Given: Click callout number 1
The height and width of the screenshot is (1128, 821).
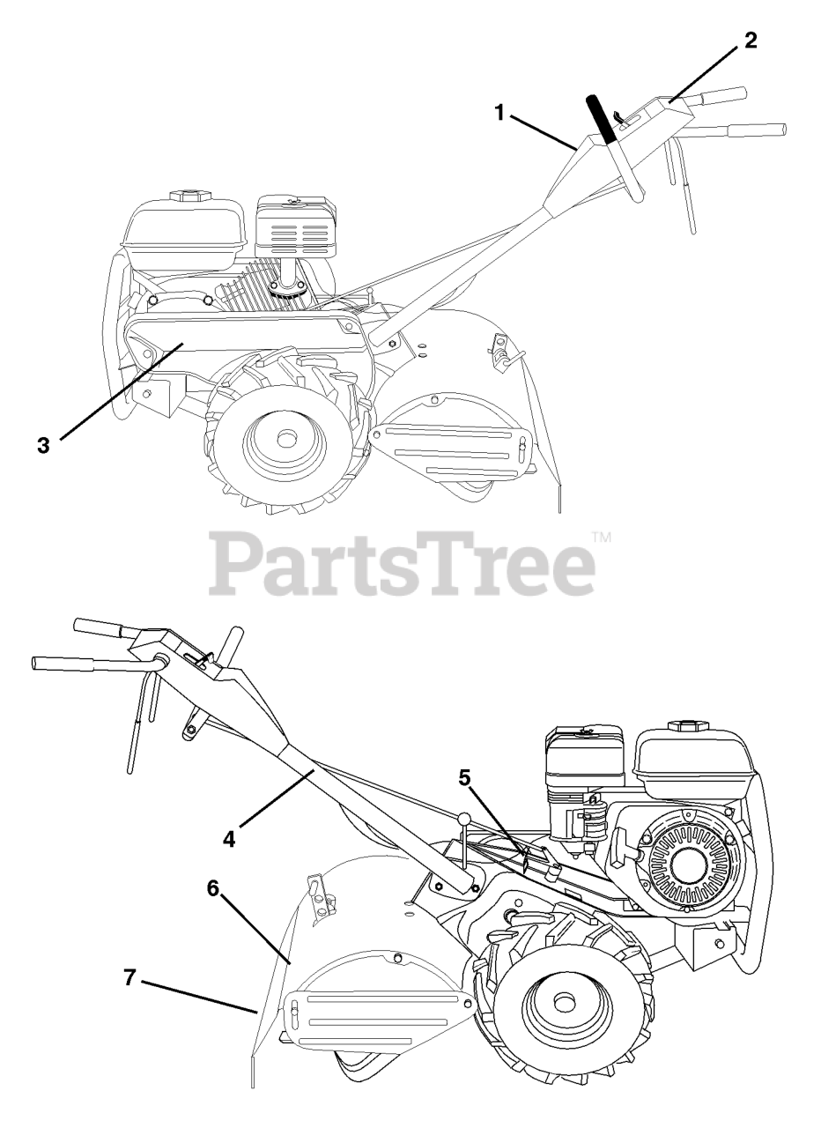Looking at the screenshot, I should click(x=499, y=112).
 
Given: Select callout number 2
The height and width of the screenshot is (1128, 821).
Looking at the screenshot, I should click(x=750, y=41).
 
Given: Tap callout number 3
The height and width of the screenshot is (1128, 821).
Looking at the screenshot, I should click(x=43, y=444).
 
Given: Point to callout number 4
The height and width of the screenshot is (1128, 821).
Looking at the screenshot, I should click(x=229, y=838).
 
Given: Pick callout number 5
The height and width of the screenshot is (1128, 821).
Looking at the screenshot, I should click(x=464, y=777).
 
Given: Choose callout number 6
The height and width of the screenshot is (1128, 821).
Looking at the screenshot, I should click(x=213, y=888).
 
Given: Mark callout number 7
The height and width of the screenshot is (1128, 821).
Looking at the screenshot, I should click(x=129, y=977).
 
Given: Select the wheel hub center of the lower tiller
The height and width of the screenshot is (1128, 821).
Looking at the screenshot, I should click(x=562, y=1004).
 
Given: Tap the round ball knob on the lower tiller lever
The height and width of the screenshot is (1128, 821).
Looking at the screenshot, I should click(x=464, y=820).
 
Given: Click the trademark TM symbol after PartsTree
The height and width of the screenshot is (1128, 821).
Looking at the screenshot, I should click(x=601, y=536).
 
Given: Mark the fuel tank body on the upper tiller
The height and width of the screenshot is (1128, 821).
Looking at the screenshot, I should click(x=185, y=225).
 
